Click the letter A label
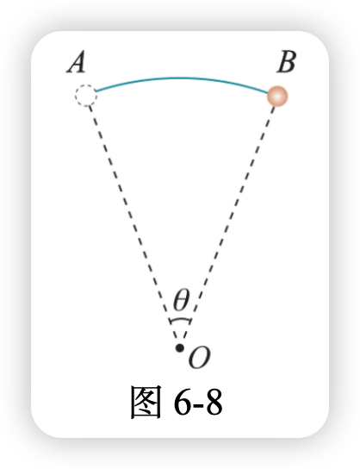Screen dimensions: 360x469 point(76,62)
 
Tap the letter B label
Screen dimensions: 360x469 point(286,62)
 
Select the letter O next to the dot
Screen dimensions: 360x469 point(199,358)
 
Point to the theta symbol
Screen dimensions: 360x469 point(181,299)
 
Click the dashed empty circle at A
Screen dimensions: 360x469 point(86,96)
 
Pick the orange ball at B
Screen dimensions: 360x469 point(277,96)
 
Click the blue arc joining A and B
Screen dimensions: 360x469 point(182,78)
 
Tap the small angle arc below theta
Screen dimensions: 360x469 point(180,320)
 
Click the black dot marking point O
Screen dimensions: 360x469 point(179,347)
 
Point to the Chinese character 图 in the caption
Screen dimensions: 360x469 point(146,402)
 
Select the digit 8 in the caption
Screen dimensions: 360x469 point(213,403)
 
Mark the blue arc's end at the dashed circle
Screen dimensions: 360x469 point(96,91)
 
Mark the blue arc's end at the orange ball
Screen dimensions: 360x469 point(269,93)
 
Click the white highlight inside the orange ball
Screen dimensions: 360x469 point(277,96)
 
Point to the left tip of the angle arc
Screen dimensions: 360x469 point(171,322)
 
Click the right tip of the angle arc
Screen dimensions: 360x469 point(190,322)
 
